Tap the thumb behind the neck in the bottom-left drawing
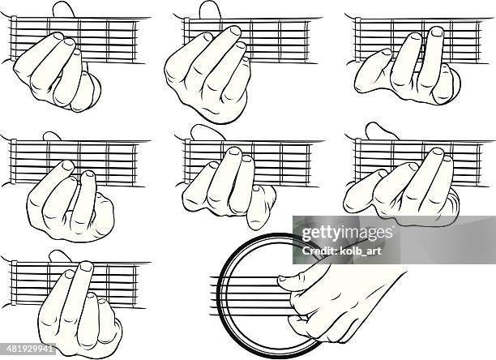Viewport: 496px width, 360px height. coord(60,256)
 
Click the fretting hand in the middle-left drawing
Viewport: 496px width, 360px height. coord(69,203)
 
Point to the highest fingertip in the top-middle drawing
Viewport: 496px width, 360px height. coord(235,32)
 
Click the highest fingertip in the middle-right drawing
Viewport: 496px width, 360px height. coord(438,152)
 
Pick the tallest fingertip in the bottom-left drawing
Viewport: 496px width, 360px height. coord(86,266)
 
